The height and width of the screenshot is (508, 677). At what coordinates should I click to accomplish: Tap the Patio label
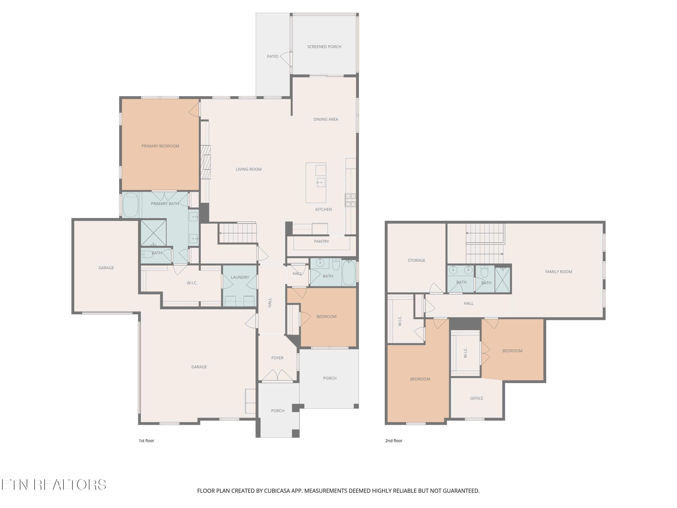(272, 57)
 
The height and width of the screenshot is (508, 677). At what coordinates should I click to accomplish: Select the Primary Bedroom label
(160, 146)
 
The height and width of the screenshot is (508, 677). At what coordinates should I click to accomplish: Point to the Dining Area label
(326, 119)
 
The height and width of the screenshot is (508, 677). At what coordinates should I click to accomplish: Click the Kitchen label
(324, 210)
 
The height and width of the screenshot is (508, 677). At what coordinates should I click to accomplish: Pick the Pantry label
(321, 242)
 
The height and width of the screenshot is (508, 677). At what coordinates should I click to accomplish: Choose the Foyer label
(277, 358)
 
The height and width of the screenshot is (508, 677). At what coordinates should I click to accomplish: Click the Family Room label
(559, 272)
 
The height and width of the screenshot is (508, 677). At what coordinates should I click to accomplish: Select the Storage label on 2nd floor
(416, 261)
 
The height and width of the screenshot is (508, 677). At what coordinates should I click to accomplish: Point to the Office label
(477, 398)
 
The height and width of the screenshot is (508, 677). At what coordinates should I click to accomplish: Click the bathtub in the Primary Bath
(130, 205)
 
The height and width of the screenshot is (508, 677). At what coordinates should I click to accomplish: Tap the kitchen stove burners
(350, 200)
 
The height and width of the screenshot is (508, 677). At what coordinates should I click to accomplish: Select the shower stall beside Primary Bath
(153, 233)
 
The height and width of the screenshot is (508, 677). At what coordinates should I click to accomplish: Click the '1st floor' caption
(146, 441)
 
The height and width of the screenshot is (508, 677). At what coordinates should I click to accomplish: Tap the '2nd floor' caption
(394, 441)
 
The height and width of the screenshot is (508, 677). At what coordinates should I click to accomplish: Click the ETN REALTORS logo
(54, 485)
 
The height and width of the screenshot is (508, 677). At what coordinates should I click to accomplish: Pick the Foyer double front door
(278, 376)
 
